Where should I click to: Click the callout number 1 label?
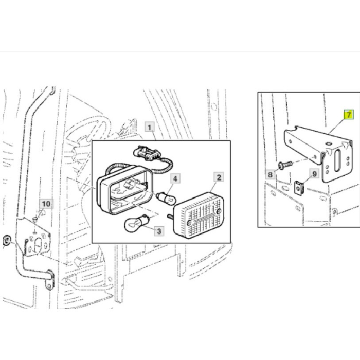(150, 127)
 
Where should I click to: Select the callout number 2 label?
(219, 177)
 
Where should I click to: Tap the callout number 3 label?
(159, 231)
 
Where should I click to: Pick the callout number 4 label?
(175, 178)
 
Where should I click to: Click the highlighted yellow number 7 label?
(349, 115)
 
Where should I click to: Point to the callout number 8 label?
(270, 175)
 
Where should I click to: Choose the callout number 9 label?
(315, 174)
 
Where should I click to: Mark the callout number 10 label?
(46, 204)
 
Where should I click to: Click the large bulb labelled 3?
(137, 223)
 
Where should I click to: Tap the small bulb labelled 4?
(166, 198)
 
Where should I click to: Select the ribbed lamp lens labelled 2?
(199, 215)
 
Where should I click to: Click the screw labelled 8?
(285, 165)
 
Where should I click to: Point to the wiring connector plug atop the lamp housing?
(147, 152)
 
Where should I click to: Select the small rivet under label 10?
(35, 219)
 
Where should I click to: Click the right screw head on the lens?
(219, 211)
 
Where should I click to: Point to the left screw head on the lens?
(189, 222)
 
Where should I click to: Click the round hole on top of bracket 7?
(329, 144)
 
